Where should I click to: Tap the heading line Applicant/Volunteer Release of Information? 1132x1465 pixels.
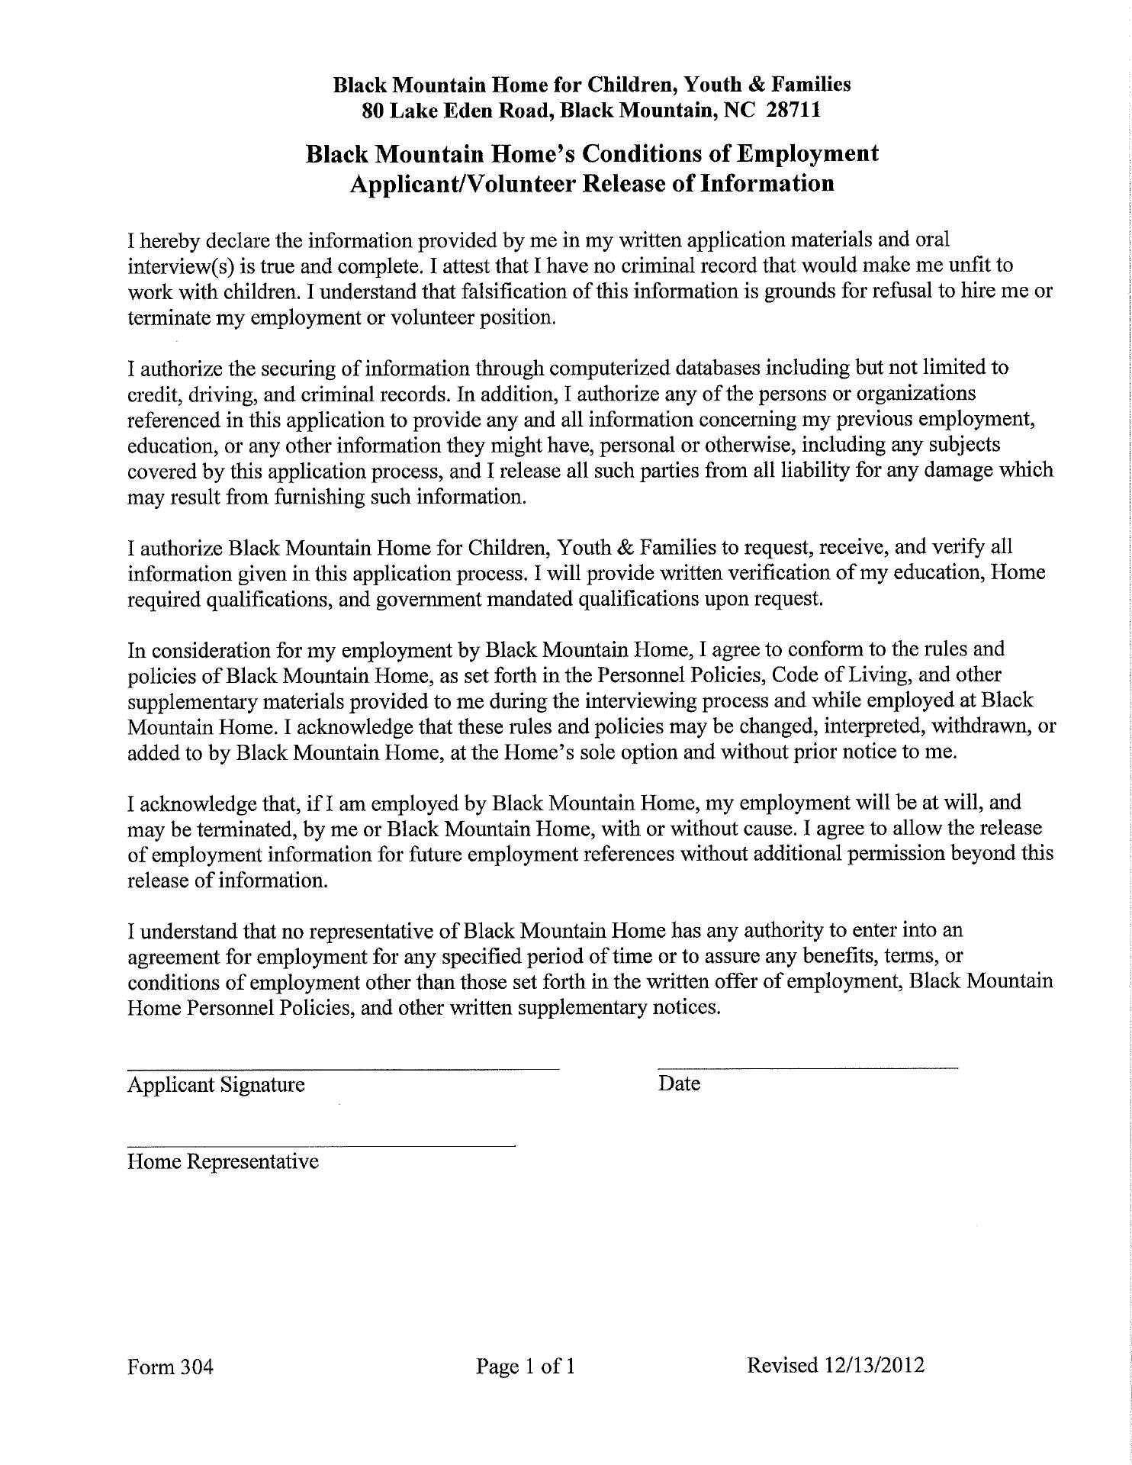(591, 183)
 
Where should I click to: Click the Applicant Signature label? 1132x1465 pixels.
(216, 1084)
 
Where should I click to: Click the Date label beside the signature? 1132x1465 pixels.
(679, 1083)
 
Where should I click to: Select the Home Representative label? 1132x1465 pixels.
(223, 1161)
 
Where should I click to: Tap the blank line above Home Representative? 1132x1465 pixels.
(321, 1145)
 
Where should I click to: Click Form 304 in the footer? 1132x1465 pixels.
(170, 1366)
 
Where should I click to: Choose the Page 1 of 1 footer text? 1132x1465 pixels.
(526, 1366)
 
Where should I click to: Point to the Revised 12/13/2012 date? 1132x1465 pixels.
(836, 1364)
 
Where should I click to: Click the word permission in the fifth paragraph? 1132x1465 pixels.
(891, 854)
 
